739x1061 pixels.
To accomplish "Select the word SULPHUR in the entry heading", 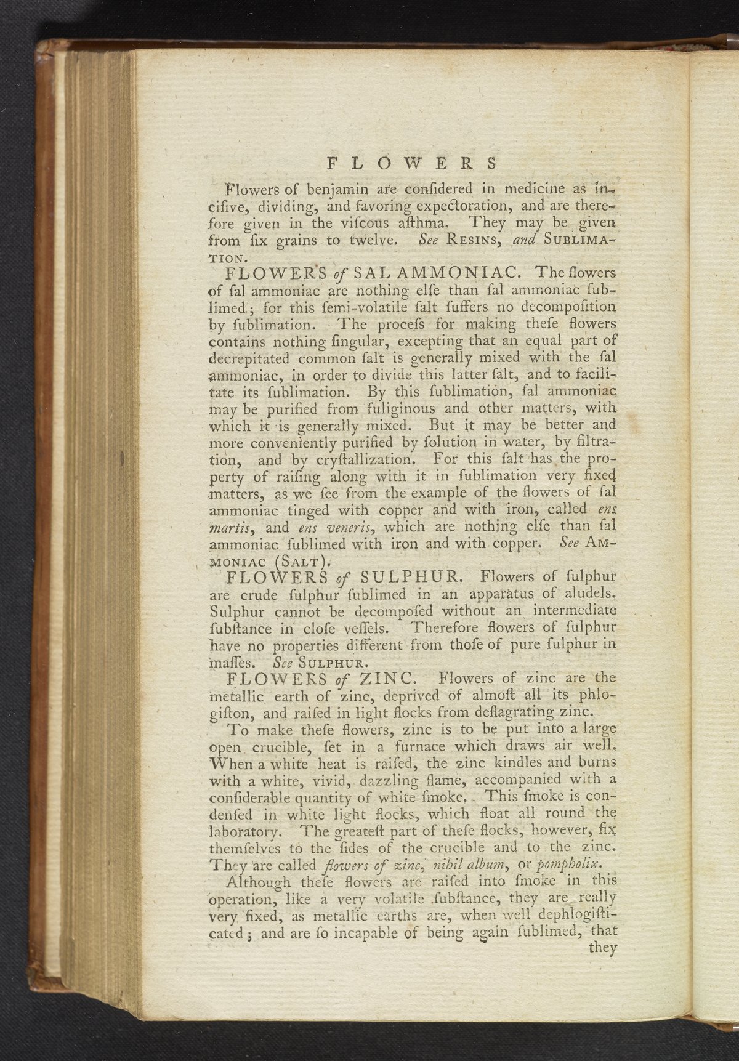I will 408,578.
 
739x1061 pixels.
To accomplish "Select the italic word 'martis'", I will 230,528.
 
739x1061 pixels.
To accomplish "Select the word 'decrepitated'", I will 249,358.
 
